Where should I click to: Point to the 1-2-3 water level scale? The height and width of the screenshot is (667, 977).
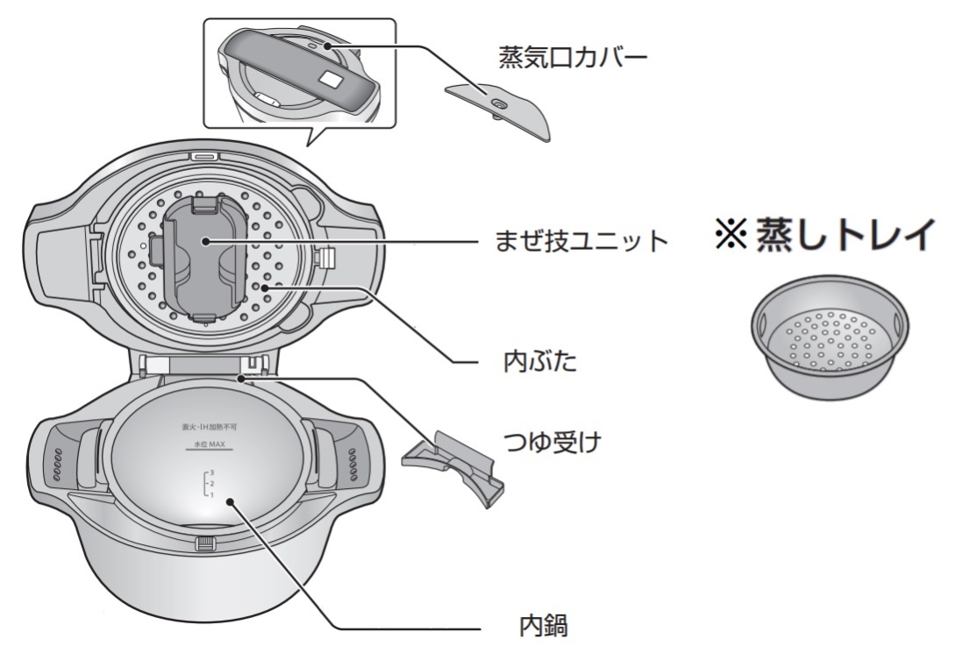click(209, 484)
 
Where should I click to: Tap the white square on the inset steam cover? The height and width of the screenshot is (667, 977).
click(331, 79)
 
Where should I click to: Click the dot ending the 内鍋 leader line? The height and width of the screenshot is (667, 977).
click(230, 501)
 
